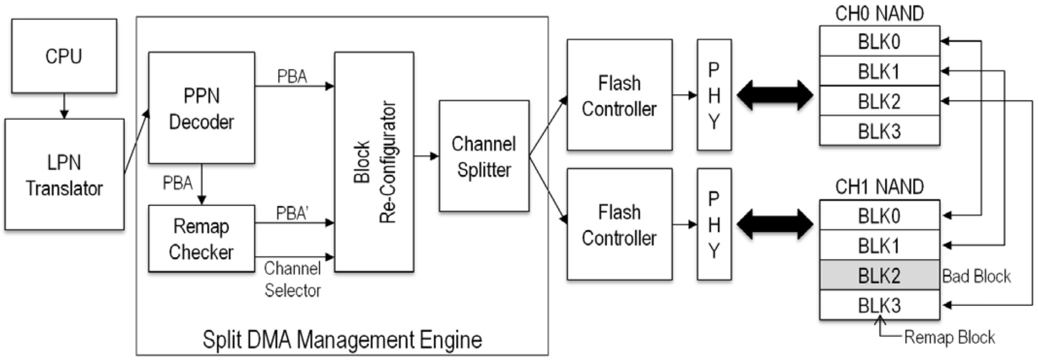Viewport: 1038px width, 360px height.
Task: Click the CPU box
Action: click(x=64, y=56)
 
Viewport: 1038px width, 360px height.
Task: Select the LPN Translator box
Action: click(x=64, y=175)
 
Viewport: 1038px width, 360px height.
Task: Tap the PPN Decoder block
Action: click(x=201, y=108)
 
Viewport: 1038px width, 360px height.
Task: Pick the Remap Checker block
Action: click(x=201, y=239)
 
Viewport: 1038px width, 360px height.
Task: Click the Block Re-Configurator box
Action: click(x=374, y=162)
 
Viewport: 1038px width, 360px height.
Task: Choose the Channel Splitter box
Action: click(x=484, y=156)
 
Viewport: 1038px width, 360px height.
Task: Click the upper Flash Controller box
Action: click(x=619, y=95)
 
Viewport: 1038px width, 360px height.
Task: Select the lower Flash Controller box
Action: click(x=619, y=224)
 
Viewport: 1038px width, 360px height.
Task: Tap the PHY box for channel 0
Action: click(x=714, y=95)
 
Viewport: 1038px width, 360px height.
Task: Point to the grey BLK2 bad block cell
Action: click(x=879, y=276)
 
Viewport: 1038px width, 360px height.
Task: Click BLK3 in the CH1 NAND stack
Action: click(x=879, y=306)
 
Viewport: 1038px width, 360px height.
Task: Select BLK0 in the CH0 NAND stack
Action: click(x=879, y=41)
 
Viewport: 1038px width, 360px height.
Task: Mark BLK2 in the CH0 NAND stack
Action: click(x=879, y=101)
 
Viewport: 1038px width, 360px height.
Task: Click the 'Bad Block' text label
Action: click(x=976, y=276)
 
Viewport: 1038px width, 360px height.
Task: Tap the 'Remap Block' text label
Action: click(x=949, y=338)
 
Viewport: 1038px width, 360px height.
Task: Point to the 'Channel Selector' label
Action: click(x=293, y=279)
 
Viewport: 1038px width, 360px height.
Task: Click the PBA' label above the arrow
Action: click(x=292, y=213)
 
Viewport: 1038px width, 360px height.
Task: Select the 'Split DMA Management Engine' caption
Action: click(x=342, y=340)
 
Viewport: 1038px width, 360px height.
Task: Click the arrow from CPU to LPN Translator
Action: click(x=64, y=106)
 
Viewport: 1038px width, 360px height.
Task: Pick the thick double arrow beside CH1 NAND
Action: click(x=775, y=224)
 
